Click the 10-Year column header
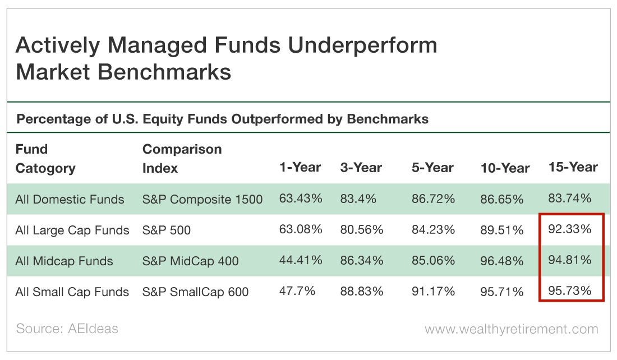click(x=505, y=168)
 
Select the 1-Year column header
click(x=300, y=167)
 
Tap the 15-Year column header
click(x=573, y=167)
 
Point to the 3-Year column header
click(x=361, y=168)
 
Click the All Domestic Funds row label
click(x=70, y=199)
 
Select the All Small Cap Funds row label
click(x=72, y=292)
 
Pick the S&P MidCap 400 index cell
click(x=191, y=261)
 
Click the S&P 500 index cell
click(x=167, y=230)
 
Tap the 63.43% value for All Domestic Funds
click(x=301, y=199)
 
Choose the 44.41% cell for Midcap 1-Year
click(x=301, y=260)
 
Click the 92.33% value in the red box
click(x=570, y=229)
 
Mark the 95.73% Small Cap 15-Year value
click(x=570, y=290)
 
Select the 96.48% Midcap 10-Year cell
click(x=501, y=260)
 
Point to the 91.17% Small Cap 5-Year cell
click(x=433, y=291)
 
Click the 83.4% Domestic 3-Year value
click(x=358, y=199)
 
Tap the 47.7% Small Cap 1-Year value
click(x=297, y=291)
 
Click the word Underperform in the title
click(x=362, y=45)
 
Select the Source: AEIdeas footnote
click(x=67, y=329)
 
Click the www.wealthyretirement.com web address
click(x=511, y=329)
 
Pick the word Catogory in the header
click(x=45, y=168)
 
